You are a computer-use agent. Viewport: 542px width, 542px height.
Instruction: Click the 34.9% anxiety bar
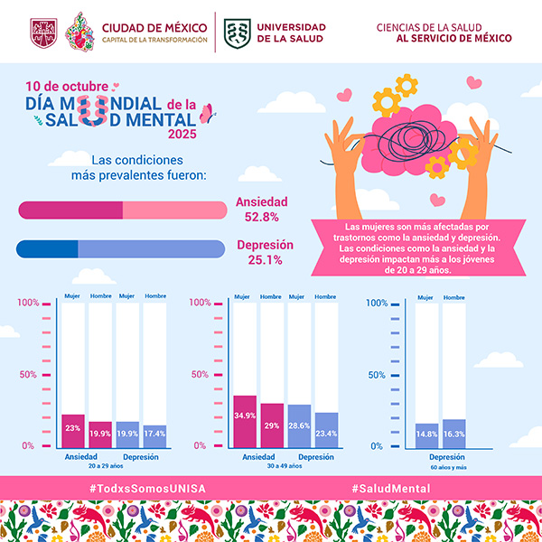click(x=245, y=421)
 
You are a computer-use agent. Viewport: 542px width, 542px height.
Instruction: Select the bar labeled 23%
click(x=73, y=430)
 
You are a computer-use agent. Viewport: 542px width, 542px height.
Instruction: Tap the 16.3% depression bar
click(x=453, y=433)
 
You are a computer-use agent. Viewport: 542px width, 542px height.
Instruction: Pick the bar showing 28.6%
click(x=299, y=425)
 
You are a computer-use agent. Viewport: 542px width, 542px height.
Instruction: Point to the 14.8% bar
click(x=426, y=435)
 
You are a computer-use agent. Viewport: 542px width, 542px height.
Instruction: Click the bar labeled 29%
click(x=272, y=425)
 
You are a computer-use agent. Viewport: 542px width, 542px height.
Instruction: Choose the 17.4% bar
click(x=154, y=435)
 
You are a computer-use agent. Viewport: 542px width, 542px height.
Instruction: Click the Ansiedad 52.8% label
click(x=262, y=210)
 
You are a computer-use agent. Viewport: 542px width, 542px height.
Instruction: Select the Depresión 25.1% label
click(x=265, y=252)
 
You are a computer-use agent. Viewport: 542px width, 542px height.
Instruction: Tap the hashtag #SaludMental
click(x=390, y=488)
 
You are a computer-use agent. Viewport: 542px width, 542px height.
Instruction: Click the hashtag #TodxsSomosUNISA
click(x=147, y=488)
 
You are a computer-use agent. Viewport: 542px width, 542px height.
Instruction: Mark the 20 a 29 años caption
click(x=107, y=468)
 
